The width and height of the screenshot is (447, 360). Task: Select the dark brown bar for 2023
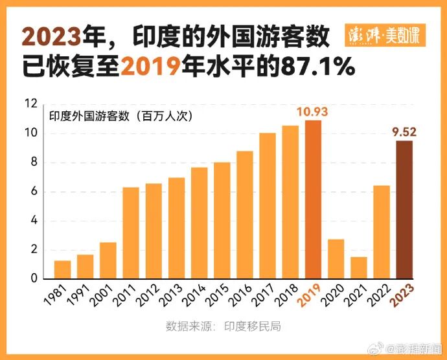click(404, 210)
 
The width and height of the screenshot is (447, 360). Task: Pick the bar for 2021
click(358, 267)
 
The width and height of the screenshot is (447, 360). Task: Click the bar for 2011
click(131, 233)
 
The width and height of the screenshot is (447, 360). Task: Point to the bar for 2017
click(268, 206)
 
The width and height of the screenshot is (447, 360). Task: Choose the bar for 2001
click(108, 260)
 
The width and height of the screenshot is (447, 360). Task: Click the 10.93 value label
click(312, 112)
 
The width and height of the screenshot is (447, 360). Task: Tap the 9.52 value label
click(404, 132)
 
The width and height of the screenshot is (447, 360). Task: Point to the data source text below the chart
click(223, 326)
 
